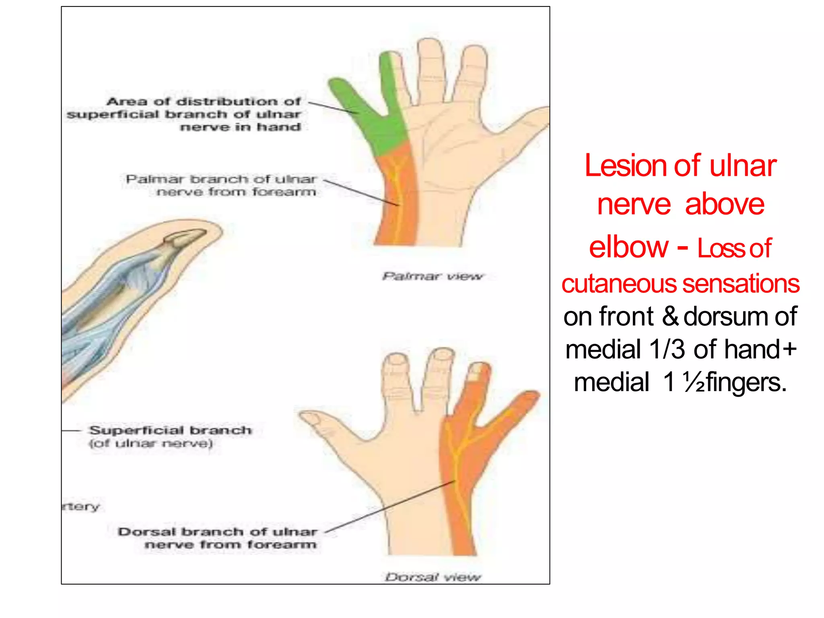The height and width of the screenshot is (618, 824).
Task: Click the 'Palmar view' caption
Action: click(433, 276)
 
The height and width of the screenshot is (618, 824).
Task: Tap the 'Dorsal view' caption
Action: click(433, 577)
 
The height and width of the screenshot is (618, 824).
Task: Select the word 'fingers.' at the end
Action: click(746, 382)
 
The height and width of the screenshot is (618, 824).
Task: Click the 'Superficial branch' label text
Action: click(171, 430)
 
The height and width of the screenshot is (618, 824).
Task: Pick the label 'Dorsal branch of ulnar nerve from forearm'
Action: click(218, 538)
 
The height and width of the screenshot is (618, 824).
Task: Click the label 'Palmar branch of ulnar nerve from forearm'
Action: click(221, 185)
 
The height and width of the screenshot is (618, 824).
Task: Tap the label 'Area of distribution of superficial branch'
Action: click(184, 114)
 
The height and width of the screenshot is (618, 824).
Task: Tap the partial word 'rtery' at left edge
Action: click(81, 506)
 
